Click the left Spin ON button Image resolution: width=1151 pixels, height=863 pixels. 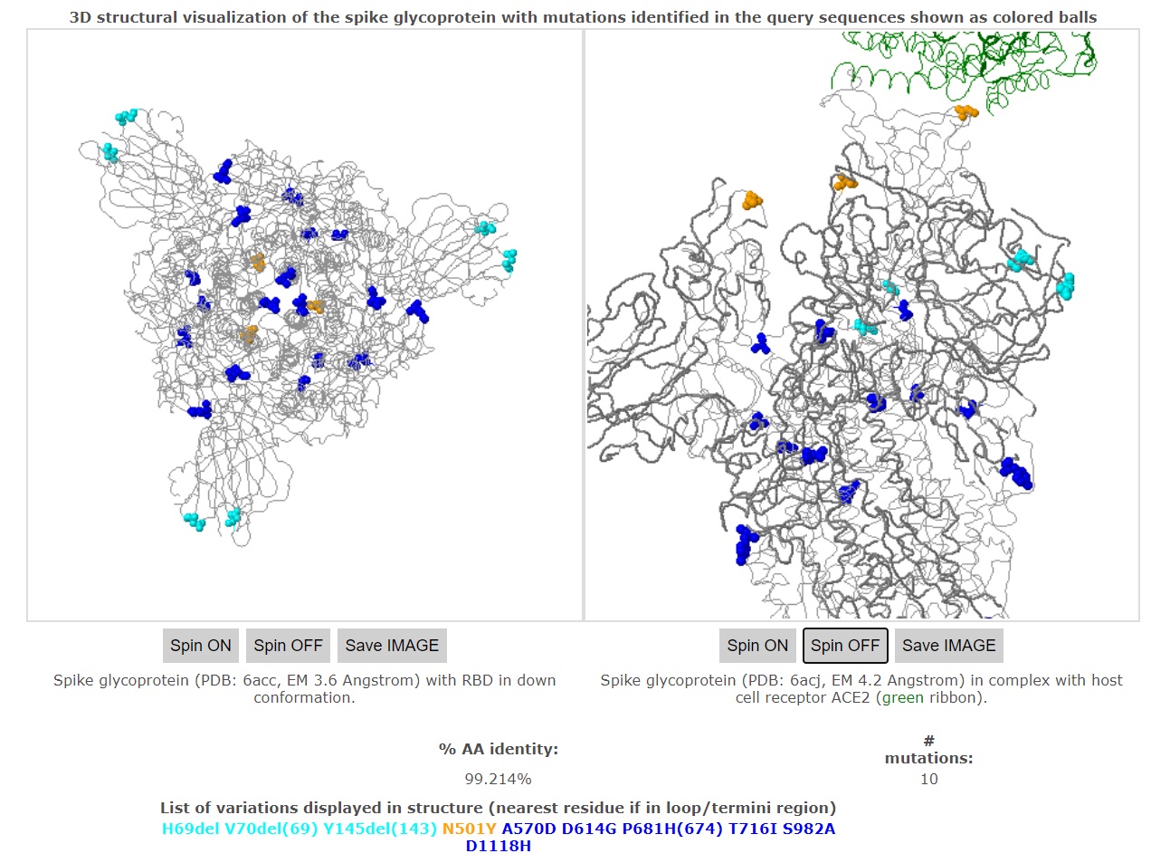tap(201, 646)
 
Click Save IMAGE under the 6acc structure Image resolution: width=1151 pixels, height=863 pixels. tap(392, 646)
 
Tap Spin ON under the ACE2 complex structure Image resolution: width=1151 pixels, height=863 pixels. tap(757, 646)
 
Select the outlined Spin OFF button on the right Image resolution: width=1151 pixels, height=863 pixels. tap(845, 646)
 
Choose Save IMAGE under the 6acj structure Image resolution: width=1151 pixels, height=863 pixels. tap(948, 646)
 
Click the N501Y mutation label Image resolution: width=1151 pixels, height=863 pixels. tap(469, 829)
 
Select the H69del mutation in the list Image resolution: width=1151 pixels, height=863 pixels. tap(190, 829)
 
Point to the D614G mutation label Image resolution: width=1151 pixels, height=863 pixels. tap(589, 829)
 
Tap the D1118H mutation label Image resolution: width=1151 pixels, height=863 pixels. tap(498, 847)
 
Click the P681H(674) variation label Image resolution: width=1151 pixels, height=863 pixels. tap(672, 829)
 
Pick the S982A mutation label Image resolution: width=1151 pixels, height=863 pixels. tap(809, 829)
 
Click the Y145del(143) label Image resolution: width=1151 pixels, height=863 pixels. tap(380, 829)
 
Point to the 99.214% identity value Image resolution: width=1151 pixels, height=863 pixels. tap(498, 779)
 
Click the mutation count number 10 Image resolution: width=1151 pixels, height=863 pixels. tap(928, 779)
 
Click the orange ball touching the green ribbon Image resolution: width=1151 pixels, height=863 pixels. tap(966, 112)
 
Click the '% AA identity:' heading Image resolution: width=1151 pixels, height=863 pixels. tap(498, 749)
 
